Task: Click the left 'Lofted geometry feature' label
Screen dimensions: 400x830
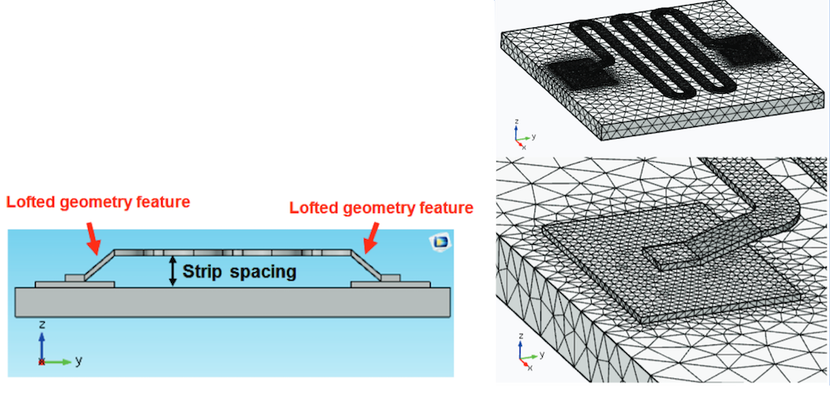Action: pos(98,201)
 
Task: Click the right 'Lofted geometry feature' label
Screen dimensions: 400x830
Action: pos(381,207)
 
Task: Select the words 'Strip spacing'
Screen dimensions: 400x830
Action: pos(239,271)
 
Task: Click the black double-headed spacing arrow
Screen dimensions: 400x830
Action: pos(173,271)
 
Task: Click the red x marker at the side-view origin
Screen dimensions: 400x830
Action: pos(42,361)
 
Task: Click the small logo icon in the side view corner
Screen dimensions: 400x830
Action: pos(438,241)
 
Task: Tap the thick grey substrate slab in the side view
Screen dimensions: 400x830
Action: pos(232,302)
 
